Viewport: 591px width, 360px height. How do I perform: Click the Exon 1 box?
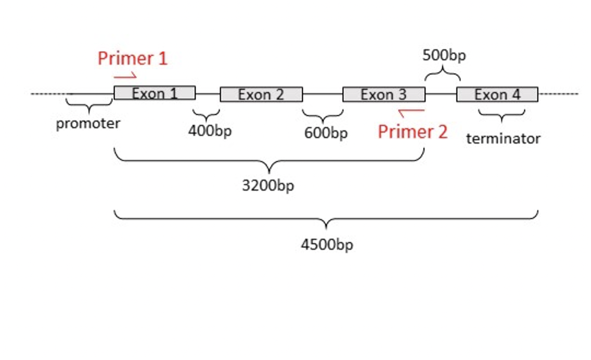pos(155,93)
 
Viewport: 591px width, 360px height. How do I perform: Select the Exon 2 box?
pos(261,95)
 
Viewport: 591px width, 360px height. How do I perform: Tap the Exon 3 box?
pos(383,95)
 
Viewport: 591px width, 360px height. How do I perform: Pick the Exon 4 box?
pos(497,95)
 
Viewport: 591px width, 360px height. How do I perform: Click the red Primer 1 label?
pos(133,58)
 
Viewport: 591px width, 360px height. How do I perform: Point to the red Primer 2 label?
pos(412,132)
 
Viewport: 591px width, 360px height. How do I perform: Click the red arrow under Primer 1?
pos(125,76)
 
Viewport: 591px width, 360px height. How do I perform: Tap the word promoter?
pos(88,124)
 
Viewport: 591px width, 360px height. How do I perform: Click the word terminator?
pos(503,138)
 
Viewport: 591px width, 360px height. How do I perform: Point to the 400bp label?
pos(210,131)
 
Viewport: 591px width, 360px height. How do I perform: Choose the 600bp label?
pos(326,133)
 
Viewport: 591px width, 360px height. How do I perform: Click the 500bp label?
pos(444,56)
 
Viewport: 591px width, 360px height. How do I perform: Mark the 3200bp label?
pos(268,185)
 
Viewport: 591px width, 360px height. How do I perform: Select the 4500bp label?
pos(327,245)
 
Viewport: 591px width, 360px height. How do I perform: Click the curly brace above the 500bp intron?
pos(443,73)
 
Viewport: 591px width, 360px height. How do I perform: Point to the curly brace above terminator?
pos(502,115)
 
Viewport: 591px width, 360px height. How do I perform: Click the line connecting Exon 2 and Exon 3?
pos(322,95)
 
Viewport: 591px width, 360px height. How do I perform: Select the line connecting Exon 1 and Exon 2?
pos(208,95)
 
